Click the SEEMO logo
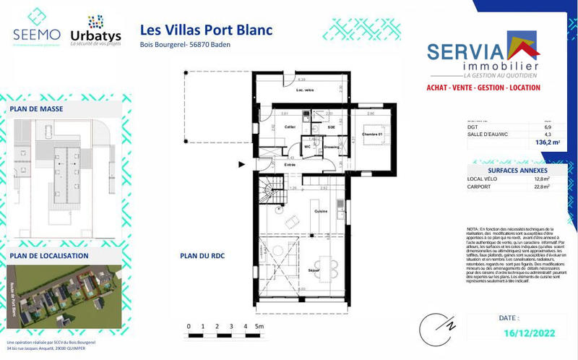pyautogui.click(x=36, y=27)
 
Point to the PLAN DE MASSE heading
pyautogui.click(x=37, y=109)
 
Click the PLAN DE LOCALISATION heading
pyautogui.click(x=49, y=255)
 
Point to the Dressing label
pyautogui.click(x=332, y=147)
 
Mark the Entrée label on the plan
pyautogui.click(x=289, y=165)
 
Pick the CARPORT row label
pyautogui.click(x=480, y=186)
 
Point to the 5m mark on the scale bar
pyautogui.click(x=259, y=327)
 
